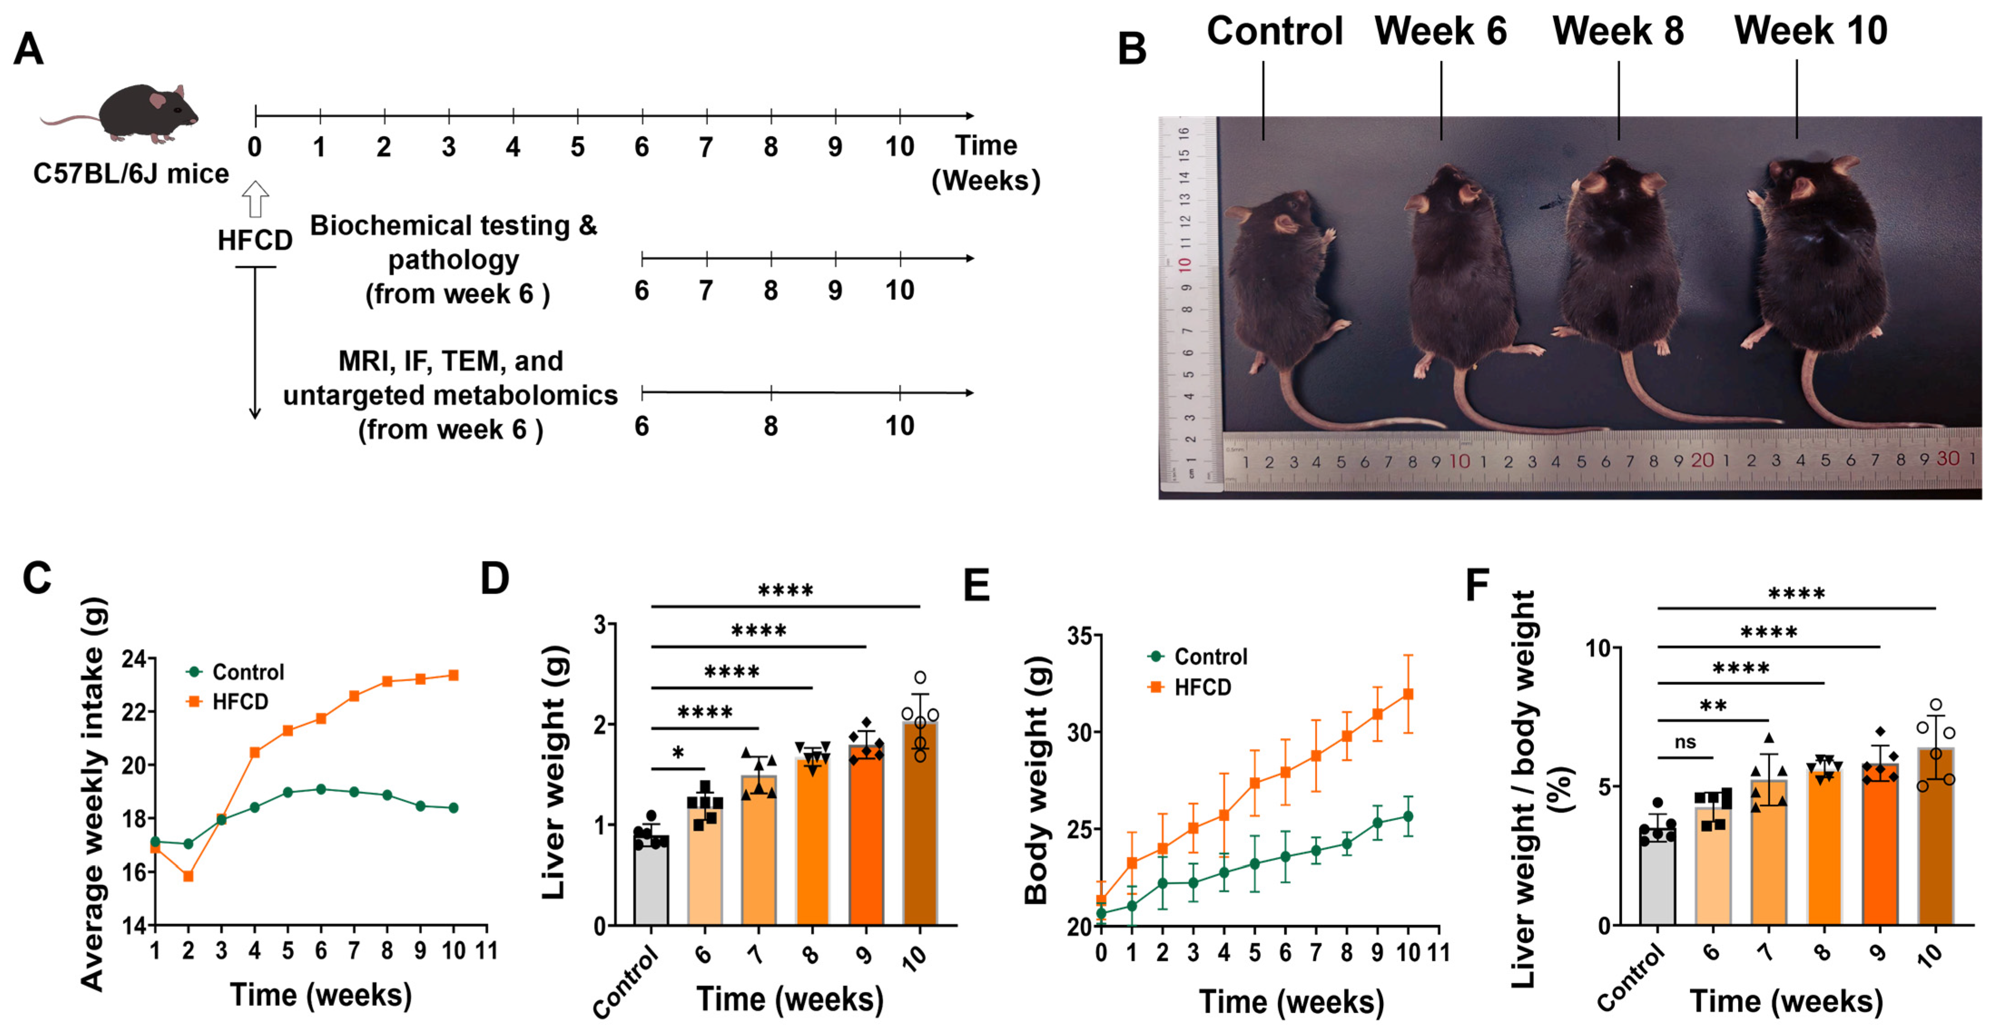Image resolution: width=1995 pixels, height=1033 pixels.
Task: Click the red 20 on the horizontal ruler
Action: point(1701,461)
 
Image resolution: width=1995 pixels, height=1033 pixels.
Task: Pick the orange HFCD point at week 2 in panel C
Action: point(188,876)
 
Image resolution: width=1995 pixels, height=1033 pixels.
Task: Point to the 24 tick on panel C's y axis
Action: point(133,659)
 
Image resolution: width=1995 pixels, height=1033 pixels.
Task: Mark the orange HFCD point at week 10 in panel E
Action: point(1408,694)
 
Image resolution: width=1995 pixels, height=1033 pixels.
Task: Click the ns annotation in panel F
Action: point(1685,742)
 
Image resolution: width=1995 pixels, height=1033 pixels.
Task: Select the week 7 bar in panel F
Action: point(1769,852)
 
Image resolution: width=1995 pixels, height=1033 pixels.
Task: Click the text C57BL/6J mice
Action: point(131,173)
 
